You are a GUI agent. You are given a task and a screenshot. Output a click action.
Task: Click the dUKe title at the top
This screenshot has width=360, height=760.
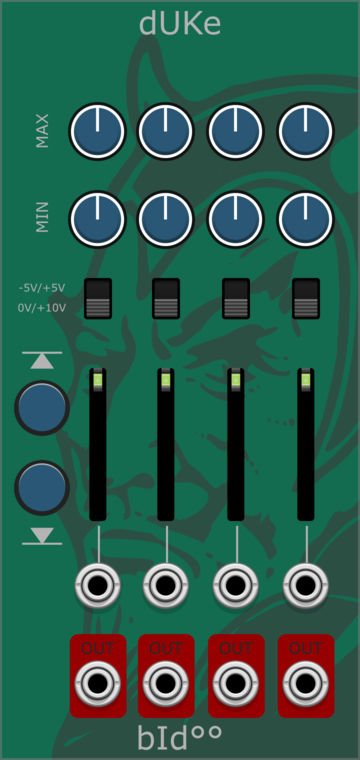[x=180, y=24]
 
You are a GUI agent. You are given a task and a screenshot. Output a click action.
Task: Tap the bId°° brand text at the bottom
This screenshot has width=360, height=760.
[x=180, y=737]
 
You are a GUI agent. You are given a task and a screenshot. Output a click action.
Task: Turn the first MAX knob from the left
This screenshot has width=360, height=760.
[x=97, y=131]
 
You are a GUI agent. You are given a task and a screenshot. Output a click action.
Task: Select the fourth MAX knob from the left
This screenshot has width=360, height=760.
[x=305, y=131]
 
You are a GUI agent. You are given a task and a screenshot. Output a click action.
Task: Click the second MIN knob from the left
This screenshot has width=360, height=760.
[x=166, y=219]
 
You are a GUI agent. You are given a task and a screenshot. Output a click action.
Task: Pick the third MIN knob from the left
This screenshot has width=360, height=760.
[x=235, y=219]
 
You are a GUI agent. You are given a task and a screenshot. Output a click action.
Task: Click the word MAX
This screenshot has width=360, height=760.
[x=42, y=131]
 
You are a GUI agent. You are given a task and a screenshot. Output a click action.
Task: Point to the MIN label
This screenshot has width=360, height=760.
[x=42, y=218]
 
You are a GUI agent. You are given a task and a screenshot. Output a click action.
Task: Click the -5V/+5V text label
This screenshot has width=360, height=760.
[x=42, y=288]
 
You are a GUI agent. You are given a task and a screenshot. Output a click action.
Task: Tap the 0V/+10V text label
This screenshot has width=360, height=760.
[x=42, y=307]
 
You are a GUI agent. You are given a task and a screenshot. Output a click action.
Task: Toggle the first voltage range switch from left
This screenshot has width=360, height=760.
[x=98, y=298]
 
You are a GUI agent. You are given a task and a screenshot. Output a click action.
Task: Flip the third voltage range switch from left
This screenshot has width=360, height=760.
[x=236, y=298]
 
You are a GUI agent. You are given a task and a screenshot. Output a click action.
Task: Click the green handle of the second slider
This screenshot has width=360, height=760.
[x=166, y=380]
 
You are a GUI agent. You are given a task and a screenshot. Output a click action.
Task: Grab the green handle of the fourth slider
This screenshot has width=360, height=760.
[x=306, y=380]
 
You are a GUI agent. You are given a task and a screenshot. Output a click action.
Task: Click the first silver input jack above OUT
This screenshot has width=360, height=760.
[x=97, y=586]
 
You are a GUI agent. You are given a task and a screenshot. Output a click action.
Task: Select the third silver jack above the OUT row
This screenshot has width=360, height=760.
[x=235, y=586]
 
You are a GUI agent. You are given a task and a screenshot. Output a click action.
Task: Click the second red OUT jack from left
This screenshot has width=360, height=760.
[x=166, y=683]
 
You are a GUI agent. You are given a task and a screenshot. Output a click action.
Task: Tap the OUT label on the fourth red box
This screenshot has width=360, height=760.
[x=306, y=648]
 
